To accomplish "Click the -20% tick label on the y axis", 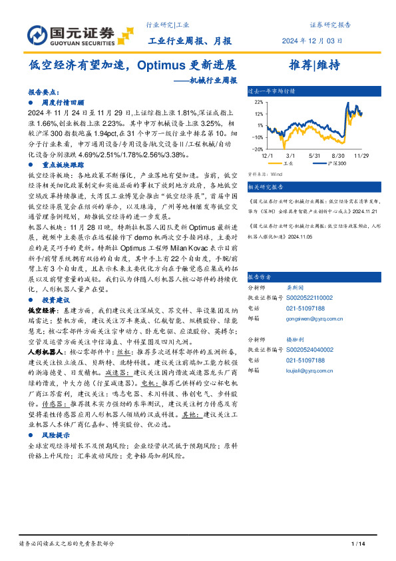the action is [257, 150].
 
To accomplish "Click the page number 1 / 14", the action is [359, 544].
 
